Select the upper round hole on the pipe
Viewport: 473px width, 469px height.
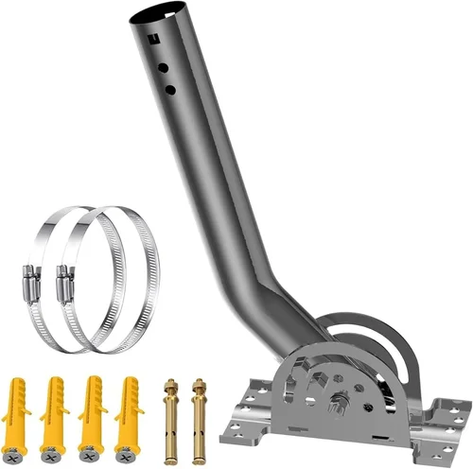(163, 69)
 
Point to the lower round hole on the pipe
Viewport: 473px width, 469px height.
(170, 89)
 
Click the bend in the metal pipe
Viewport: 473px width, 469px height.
(269, 284)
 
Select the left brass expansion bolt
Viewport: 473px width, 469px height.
(171, 416)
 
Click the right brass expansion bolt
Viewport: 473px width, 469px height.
(199, 416)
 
